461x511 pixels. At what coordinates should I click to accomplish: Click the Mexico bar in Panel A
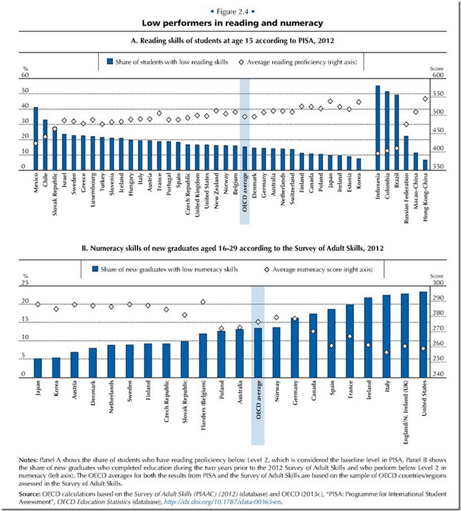pos(36,139)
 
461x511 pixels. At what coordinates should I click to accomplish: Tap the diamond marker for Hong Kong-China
pos(425,99)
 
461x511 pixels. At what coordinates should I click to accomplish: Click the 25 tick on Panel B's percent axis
pos(25,283)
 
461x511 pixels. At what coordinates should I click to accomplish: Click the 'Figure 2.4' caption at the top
pos(231,11)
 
